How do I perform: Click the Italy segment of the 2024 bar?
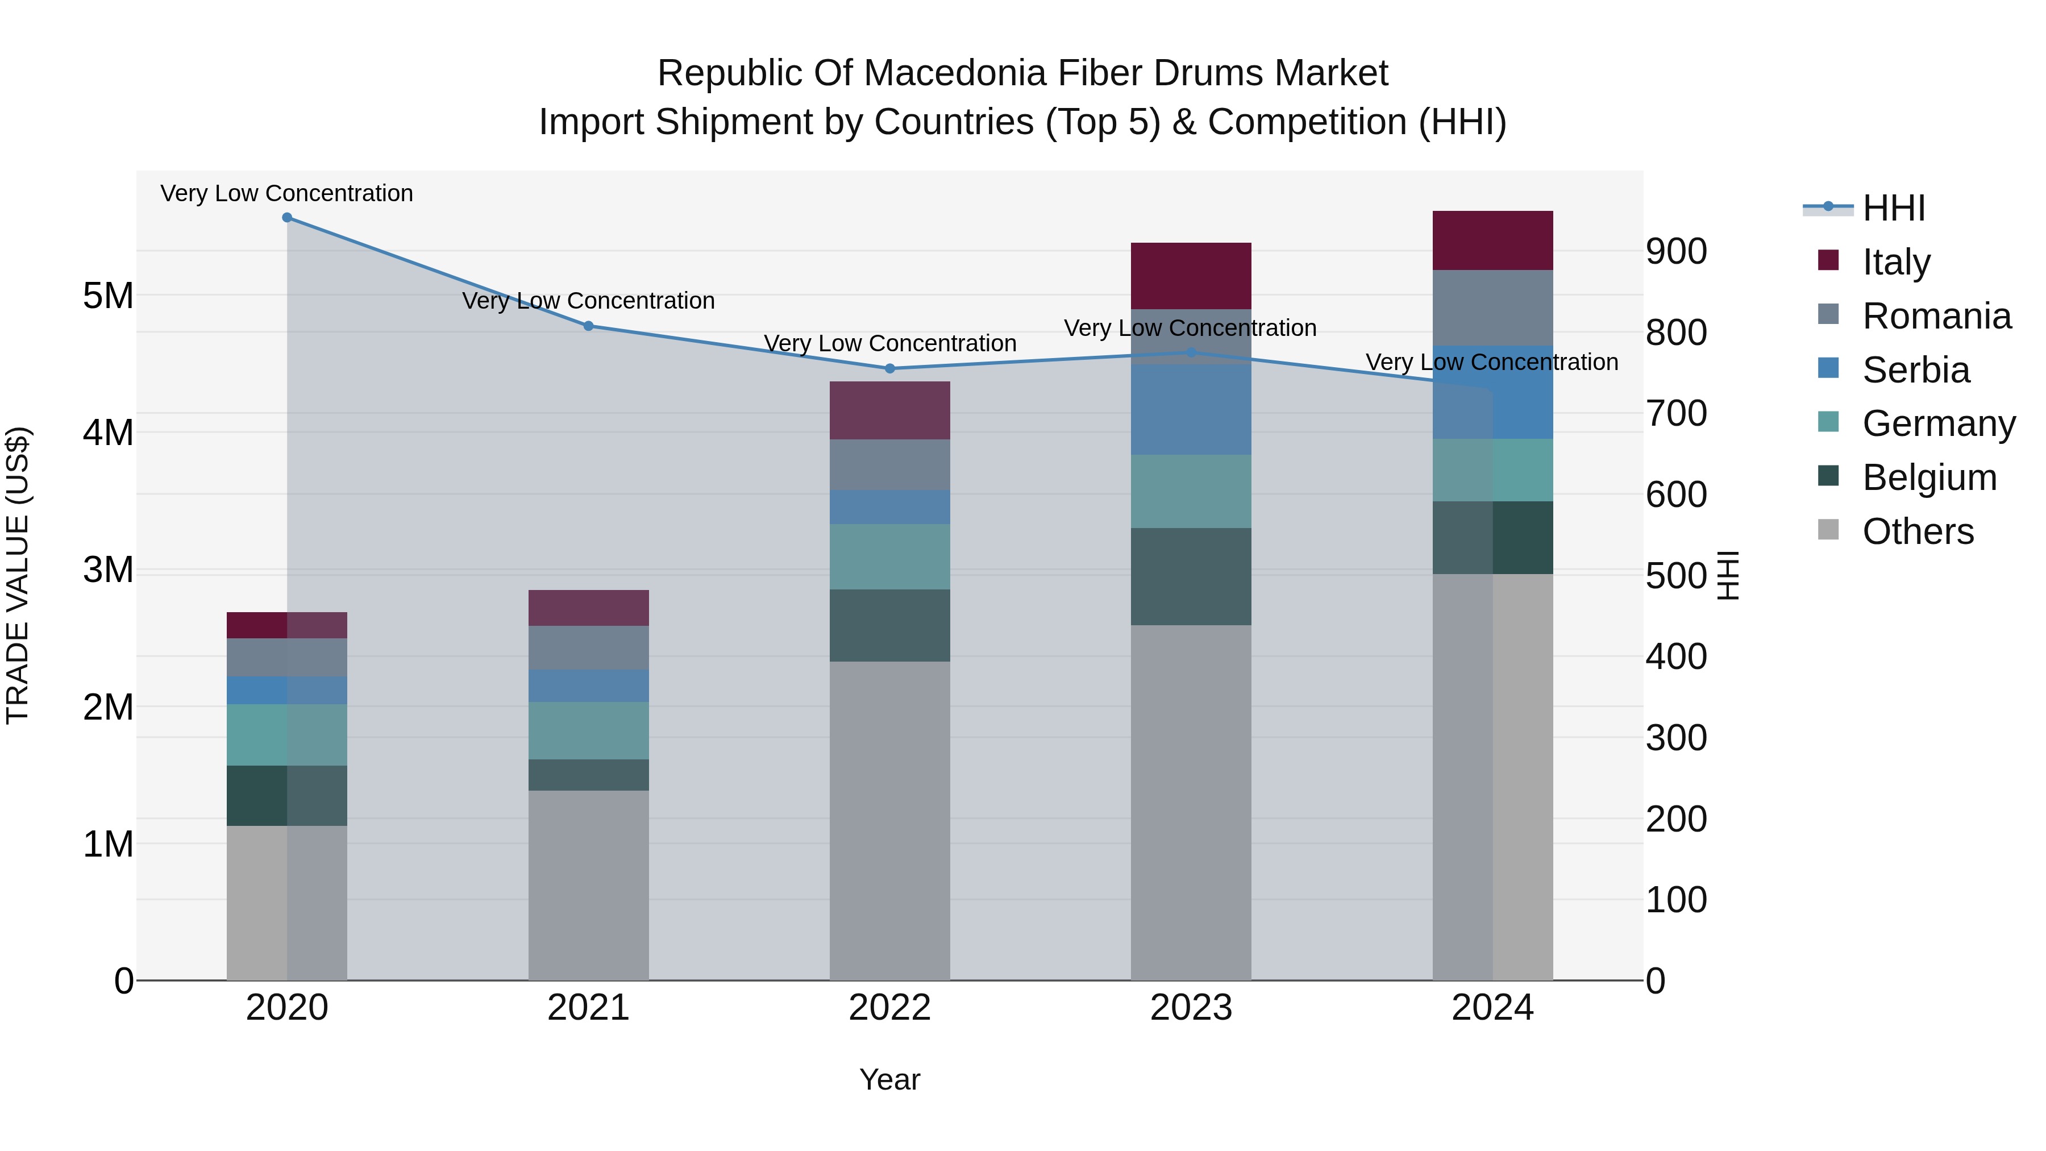tap(1492, 240)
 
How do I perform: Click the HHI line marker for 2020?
tap(288, 218)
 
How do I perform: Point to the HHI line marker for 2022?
tap(889, 368)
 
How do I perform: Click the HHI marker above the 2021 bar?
tap(589, 326)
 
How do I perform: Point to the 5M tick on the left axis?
tap(108, 296)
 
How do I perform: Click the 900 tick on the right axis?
tap(1676, 251)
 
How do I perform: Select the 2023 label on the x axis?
tap(1191, 1007)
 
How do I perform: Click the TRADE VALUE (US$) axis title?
tap(18, 575)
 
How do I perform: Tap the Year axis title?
tap(889, 1079)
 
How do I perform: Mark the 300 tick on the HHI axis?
tap(1676, 738)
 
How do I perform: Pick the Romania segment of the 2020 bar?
tap(288, 657)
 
